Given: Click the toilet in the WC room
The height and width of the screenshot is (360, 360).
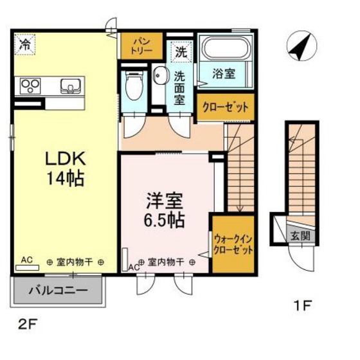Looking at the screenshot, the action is [x=134, y=85].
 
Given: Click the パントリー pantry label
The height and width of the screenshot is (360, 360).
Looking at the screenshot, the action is [x=141, y=46].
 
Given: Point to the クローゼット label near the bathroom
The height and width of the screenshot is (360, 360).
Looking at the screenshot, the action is [x=226, y=107].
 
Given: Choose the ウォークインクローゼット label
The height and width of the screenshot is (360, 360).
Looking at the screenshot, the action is [x=233, y=245].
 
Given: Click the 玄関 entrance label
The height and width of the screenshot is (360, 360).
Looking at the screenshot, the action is [x=300, y=236].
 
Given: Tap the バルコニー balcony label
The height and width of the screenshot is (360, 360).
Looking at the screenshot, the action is [x=58, y=291].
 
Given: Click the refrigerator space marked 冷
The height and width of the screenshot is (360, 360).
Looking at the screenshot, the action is [x=25, y=44].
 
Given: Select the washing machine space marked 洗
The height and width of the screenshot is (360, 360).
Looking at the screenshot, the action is [x=181, y=52].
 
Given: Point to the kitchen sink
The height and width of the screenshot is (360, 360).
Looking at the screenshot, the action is [x=71, y=86].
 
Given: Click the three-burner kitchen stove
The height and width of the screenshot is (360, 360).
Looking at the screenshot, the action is [x=30, y=86].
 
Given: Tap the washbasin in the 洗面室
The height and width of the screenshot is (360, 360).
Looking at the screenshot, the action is [x=159, y=75].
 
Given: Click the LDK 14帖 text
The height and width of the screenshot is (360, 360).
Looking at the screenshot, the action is [x=66, y=168].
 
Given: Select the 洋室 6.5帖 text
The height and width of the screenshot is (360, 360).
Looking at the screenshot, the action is [x=165, y=210].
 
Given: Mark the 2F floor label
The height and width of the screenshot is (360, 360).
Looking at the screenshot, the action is [x=28, y=325].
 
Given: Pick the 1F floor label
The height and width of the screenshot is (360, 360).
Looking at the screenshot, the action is [x=303, y=305].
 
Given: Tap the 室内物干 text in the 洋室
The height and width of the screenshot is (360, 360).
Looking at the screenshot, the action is [x=166, y=262].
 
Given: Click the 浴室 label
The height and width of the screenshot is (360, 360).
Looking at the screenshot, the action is [x=224, y=74].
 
